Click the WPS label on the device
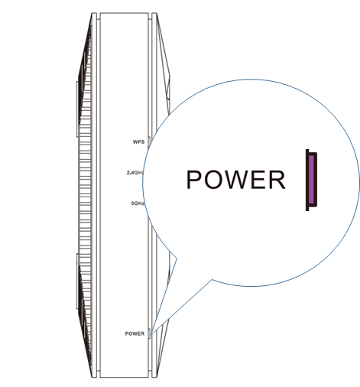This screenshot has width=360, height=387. pos(138,141)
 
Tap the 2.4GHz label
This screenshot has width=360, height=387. pos(135,173)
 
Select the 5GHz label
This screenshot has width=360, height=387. pos(138,203)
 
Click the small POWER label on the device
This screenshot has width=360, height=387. pos(135,333)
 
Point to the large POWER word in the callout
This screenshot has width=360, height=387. pos(236,180)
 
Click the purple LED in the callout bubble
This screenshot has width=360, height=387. pos(311,180)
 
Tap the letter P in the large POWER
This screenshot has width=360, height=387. pos(194,180)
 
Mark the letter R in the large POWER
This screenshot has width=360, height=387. pos(277,180)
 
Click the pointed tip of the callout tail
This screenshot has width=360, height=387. pos(151,334)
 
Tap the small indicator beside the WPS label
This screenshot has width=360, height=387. pos(149,141)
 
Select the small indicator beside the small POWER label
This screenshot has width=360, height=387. pos(150,333)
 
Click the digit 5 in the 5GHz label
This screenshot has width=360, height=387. pos(133,203)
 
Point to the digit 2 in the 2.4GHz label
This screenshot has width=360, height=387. pos(128,173)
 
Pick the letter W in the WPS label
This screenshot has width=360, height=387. pos(135,141)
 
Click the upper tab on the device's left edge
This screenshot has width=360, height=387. pos(77,109)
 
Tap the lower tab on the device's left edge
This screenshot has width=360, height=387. pos(77,281)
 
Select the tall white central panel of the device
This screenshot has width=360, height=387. pos(124,195)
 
